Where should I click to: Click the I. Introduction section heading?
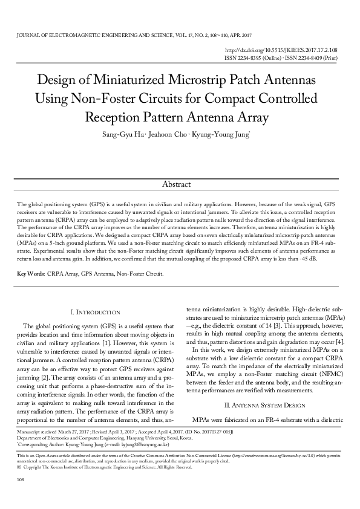tap(96, 312)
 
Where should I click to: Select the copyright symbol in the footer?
tap(20, 467)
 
